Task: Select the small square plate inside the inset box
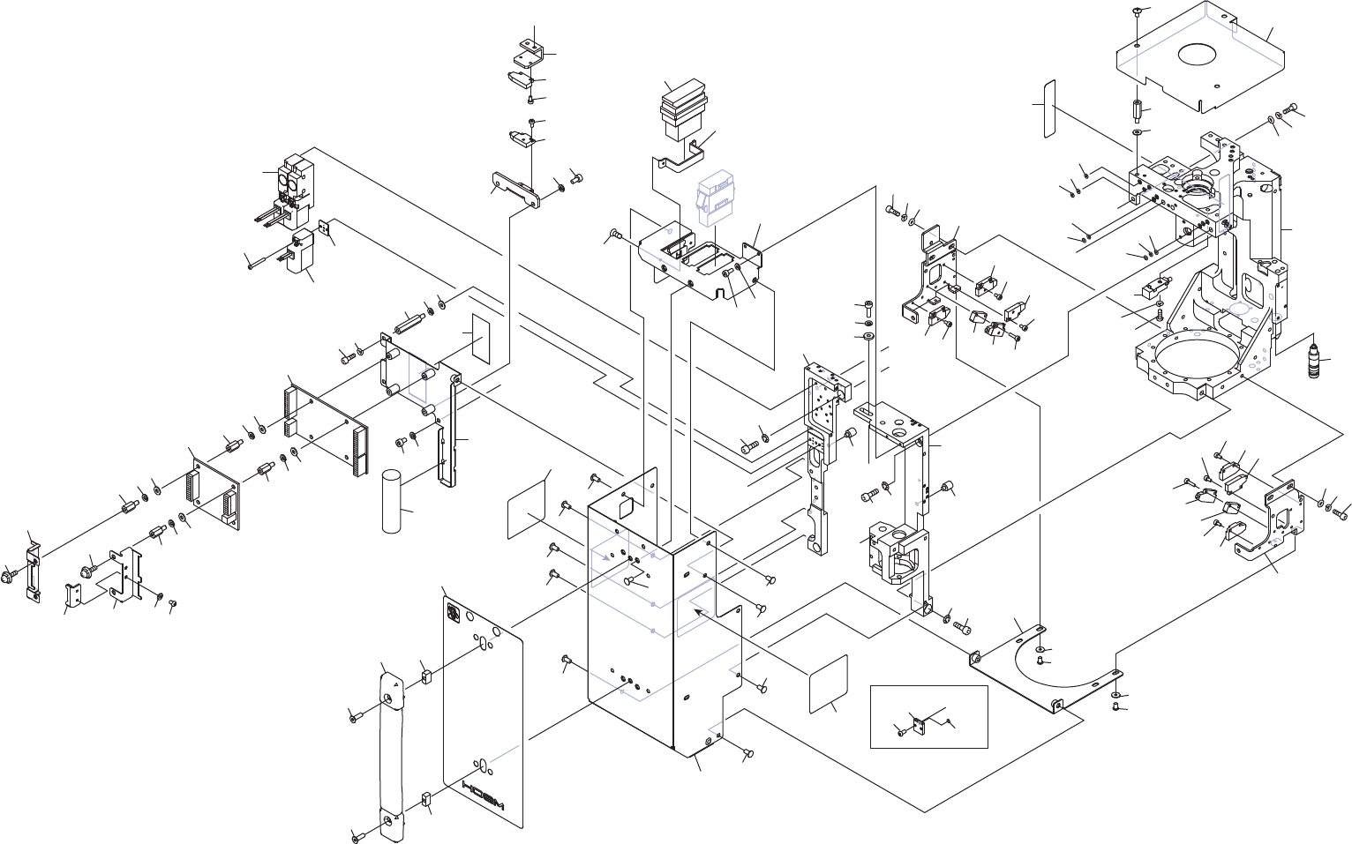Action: pos(920,726)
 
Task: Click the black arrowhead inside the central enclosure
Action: pos(699,610)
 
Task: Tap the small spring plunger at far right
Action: pos(1314,361)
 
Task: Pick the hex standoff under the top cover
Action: pos(1138,113)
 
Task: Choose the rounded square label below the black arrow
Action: pos(828,683)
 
